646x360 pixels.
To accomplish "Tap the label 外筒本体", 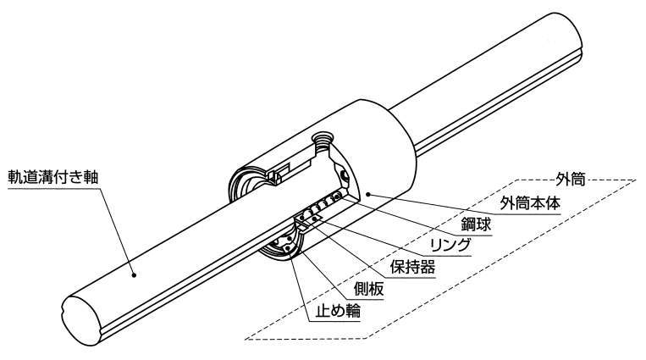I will [529, 204].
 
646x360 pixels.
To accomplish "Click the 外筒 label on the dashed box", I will [566, 180].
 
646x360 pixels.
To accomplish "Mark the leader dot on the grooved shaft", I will [133, 274].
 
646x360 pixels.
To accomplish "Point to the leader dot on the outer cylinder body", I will [370, 194].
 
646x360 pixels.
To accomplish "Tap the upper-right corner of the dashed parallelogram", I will [637, 180].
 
